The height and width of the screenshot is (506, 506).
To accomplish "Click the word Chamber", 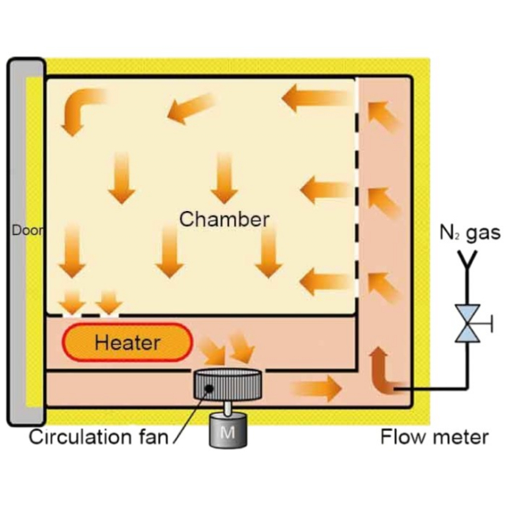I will [225, 219].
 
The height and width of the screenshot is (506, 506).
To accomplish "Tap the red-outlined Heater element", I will [126, 342].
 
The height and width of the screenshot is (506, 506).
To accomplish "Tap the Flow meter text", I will [434, 436].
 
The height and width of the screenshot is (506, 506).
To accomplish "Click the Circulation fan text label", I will [98, 436].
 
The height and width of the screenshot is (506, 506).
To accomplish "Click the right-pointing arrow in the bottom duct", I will [315, 388].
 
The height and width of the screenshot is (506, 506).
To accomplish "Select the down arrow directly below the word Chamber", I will [269, 252].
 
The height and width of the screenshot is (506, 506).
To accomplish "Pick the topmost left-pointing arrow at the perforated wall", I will [317, 98].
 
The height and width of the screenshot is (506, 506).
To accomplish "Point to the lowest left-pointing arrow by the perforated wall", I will [324, 281].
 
